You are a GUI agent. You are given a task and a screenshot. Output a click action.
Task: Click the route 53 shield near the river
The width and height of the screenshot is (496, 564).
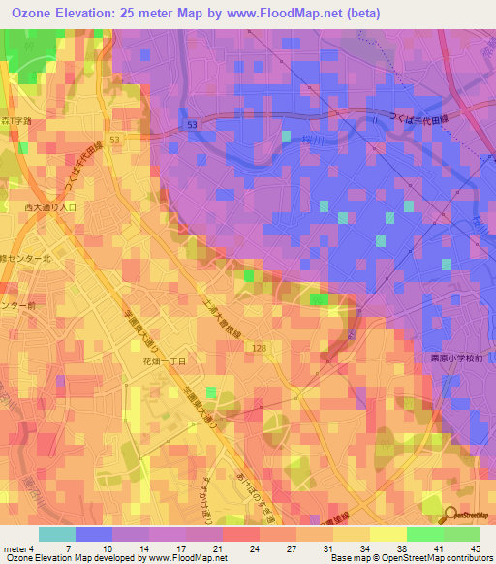193,126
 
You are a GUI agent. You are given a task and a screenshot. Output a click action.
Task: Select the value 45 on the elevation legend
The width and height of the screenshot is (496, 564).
475,548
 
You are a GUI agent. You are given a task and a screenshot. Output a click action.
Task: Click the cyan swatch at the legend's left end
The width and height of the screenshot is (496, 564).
56,534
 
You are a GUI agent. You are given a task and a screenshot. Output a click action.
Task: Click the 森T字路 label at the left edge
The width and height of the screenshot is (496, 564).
16,122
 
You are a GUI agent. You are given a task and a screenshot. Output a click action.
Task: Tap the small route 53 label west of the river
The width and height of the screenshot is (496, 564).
115,141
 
